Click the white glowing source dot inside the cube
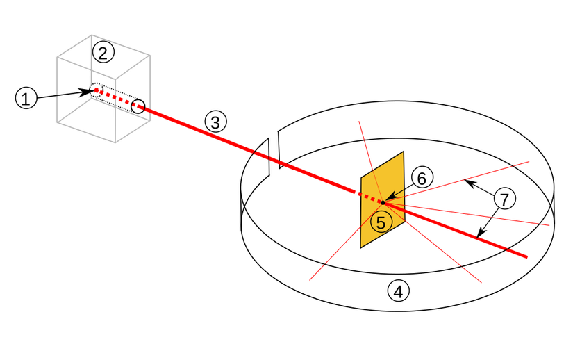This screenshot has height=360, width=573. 96,90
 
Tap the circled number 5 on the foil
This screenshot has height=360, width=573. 381,222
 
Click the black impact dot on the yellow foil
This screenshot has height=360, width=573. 382,202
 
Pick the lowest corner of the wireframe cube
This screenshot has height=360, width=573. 115,144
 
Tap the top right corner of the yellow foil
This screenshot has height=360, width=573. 403,153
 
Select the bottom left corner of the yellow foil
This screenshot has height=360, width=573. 362,247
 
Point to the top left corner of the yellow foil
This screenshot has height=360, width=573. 361,178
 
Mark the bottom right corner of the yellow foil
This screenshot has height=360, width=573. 404,222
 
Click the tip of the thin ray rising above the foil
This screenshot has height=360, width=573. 358,122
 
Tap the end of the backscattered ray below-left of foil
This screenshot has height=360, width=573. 310,280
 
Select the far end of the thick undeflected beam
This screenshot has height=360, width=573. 528,258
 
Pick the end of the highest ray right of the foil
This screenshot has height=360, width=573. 531,161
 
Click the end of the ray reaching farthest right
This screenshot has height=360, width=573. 549,225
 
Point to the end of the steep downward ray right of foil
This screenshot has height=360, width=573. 481,282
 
